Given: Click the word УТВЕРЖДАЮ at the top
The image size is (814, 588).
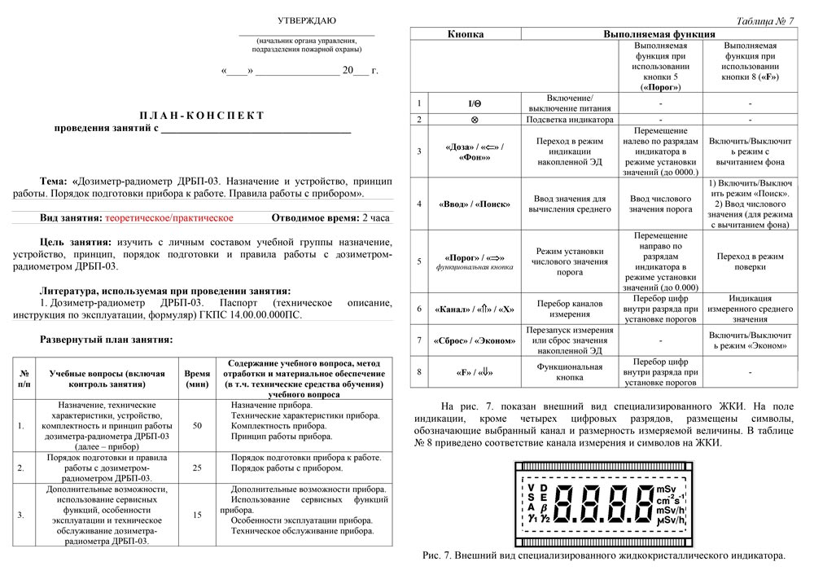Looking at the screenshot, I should point(306,20).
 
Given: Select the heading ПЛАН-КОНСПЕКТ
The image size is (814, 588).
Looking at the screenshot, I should point(202,115).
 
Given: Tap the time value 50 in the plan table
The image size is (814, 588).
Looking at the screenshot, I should point(197,425).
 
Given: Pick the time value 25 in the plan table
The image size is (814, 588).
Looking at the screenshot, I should point(197,467).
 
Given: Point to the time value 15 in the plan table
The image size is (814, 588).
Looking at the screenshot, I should point(197,515).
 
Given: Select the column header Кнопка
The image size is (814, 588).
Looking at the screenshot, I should point(466,34).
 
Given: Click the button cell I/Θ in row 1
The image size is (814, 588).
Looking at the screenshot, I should point(475,103).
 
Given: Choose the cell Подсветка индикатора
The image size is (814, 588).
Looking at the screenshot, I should point(570,119).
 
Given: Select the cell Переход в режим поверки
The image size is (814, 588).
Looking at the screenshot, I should point(750,261).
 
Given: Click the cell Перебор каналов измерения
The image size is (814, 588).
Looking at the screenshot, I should point(570,309).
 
